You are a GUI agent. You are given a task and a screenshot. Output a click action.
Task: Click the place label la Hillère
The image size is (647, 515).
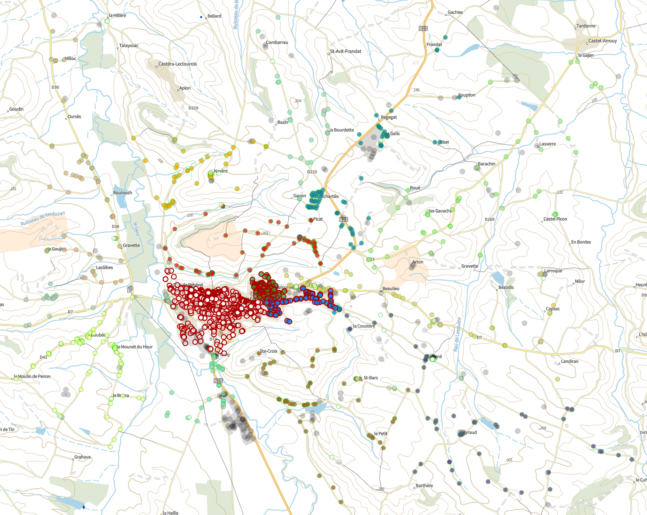(117, 16)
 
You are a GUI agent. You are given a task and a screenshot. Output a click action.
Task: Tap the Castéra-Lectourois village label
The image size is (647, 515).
(178, 64)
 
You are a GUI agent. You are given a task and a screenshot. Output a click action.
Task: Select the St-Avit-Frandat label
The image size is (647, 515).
(346, 52)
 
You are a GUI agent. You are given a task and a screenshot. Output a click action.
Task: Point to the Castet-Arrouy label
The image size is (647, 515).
(602, 41)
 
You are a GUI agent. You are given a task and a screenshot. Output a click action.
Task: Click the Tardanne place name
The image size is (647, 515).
(586, 26)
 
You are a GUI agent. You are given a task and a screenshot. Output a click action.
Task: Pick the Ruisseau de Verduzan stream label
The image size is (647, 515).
(43, 219)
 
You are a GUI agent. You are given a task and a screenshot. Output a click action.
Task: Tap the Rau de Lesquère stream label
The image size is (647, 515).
(457, 334)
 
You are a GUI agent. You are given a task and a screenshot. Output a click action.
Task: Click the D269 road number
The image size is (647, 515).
(490, 219)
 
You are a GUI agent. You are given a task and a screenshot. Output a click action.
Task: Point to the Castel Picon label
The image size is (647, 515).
(555, 219)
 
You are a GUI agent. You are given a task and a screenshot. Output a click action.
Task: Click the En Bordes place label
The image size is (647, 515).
(581, 242)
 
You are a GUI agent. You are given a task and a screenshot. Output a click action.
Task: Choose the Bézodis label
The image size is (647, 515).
(506, 288)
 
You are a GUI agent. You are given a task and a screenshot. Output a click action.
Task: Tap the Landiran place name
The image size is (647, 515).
(570, 362)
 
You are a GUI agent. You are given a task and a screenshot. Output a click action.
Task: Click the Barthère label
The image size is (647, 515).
(424, 486)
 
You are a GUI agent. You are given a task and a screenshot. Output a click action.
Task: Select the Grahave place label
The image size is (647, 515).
(83, 457)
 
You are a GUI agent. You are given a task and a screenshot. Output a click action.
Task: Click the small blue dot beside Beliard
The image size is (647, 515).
(201, 17)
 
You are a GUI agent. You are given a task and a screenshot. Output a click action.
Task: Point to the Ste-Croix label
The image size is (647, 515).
(269, 351)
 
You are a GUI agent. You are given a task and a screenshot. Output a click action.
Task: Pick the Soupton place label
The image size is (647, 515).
(467, 95)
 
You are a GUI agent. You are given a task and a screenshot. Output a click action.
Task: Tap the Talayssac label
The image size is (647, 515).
(129, 46)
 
